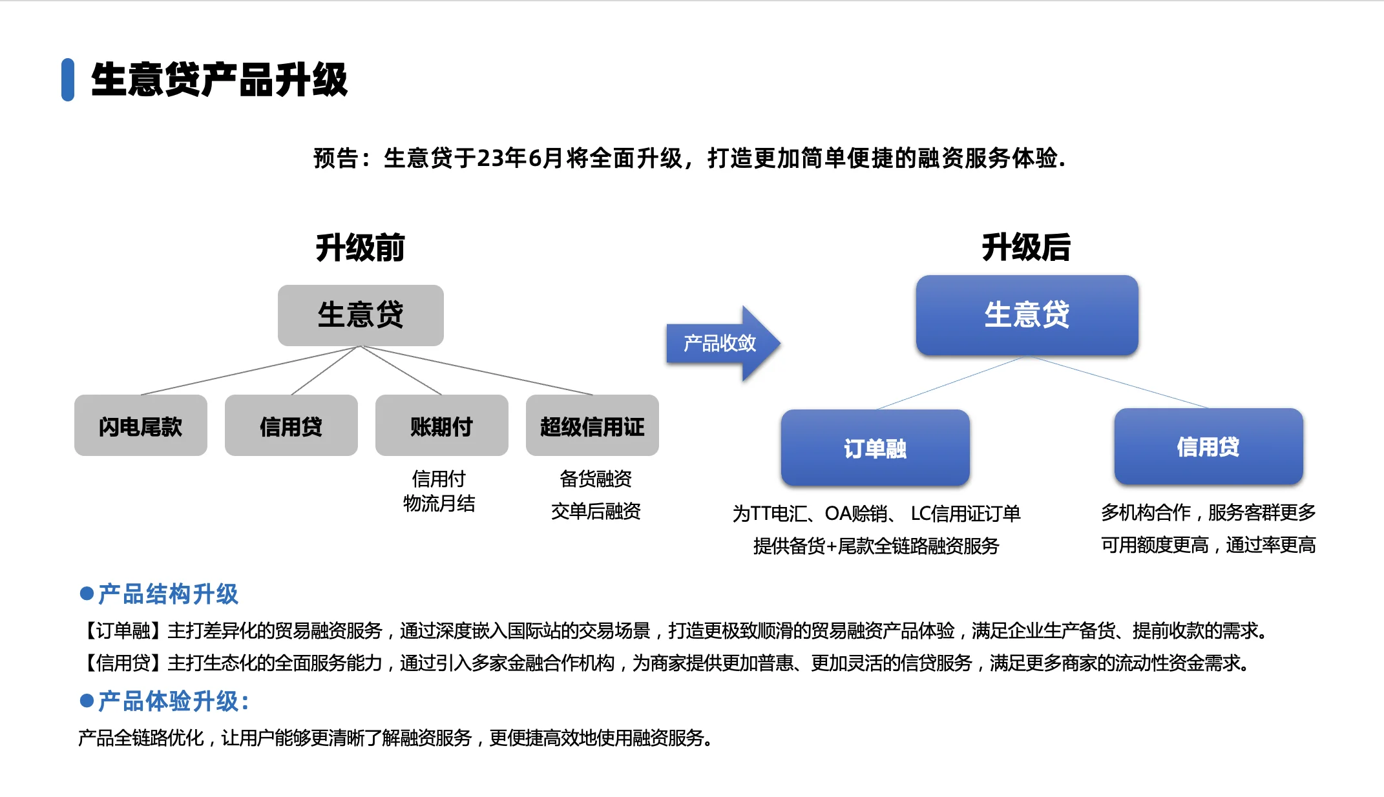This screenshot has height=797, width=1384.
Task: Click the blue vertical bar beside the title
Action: pos(67,80)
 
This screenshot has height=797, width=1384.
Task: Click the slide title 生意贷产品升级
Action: pos(219,80)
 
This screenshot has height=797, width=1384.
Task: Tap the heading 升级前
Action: pos(360,248)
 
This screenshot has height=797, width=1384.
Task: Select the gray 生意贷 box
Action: pos(361,315)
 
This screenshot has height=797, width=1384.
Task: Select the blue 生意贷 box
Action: pos(1027,315)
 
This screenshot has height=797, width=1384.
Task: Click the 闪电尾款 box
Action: pos(140,426)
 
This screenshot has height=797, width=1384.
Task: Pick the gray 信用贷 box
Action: pos(291,426)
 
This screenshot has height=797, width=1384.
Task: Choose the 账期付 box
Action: pos(441,426)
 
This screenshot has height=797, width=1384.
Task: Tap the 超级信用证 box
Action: pos(592,426)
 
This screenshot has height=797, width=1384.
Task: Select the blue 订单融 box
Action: pos(875,448)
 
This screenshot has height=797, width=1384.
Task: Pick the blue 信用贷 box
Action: pos(1208,446)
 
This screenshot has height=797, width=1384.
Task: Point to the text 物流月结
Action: pos(439,504)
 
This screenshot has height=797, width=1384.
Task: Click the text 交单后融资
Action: pos(596,512)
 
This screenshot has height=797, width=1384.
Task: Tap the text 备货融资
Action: pos(596,479)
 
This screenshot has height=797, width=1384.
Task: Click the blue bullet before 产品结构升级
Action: pos(87,594)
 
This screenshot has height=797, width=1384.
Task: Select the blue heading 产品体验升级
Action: pos(169,701)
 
